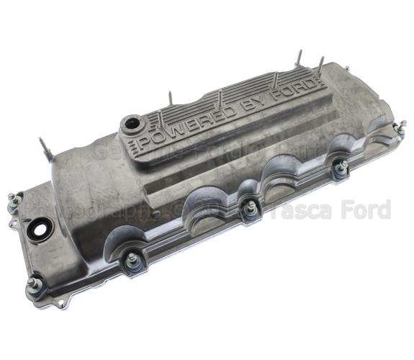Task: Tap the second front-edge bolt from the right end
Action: point(342,168)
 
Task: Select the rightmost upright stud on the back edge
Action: point(319,63)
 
